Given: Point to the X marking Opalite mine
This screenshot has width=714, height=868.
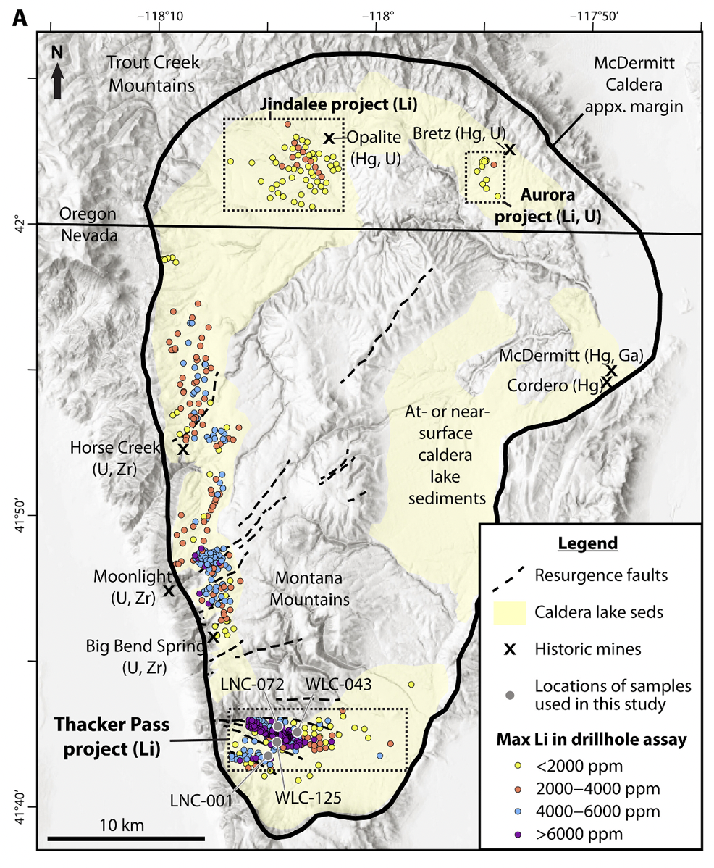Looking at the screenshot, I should (x=329, y=138).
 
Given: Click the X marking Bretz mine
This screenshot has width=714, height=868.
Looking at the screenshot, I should (x=510, y=150).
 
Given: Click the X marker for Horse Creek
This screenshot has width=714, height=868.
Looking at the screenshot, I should (x=183, y=449).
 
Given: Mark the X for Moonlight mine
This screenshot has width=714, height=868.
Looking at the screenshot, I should (x=169, y=591).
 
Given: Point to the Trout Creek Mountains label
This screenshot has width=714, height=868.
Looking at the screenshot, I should (x=151, y=73).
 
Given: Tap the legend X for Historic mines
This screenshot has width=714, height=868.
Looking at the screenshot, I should (x=510, y=649).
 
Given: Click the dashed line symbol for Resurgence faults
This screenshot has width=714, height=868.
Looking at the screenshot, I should (x=510, y=577).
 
